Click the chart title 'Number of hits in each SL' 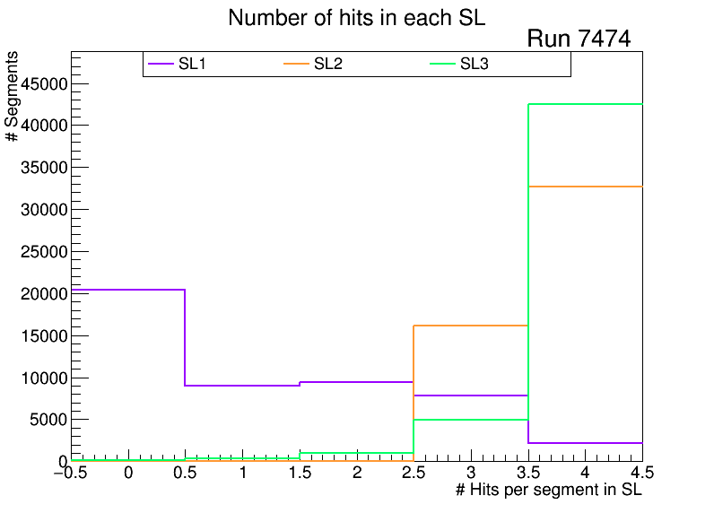coord(356,18)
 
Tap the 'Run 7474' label coord(579,39)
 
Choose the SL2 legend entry coord(330,64)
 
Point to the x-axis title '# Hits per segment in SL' coord(549,490)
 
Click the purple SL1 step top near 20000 coord(127,290)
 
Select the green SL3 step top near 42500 coord(585,104)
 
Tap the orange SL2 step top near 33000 coord(585,187)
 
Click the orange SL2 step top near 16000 coord(470,326)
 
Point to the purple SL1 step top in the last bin coord(585,443)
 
